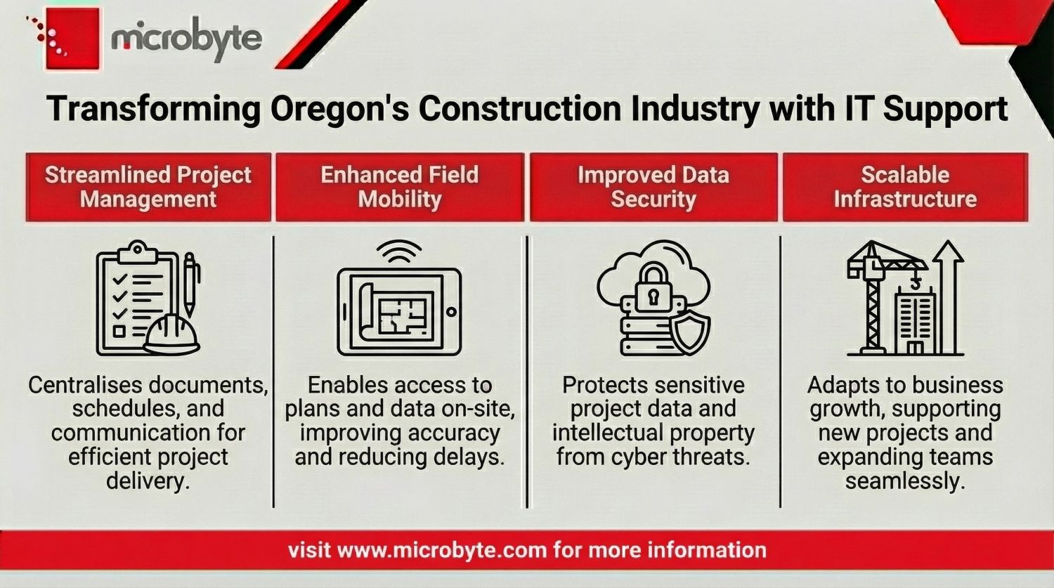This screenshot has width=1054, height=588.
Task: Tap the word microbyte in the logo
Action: (x=186, y=39)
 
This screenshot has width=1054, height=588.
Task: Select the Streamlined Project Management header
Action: (x=148, y=187)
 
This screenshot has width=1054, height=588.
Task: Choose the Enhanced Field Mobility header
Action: (x=400, y=187)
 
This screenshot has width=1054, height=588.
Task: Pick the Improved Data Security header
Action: (x=653, y=187)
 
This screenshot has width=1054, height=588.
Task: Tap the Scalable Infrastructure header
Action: (x=905, y=187)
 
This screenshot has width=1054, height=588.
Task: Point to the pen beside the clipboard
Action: (x=190, y=285)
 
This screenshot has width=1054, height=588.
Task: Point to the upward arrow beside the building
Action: (x=949, y=295)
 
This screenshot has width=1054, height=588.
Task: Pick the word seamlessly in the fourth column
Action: (x=905, y=481)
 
